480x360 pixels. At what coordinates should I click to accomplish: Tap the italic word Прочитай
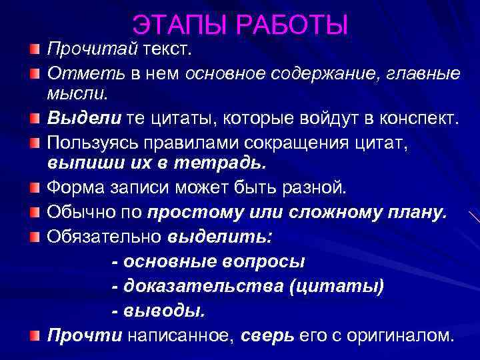coord(91,49)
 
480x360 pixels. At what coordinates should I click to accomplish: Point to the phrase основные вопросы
coord(207,261)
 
